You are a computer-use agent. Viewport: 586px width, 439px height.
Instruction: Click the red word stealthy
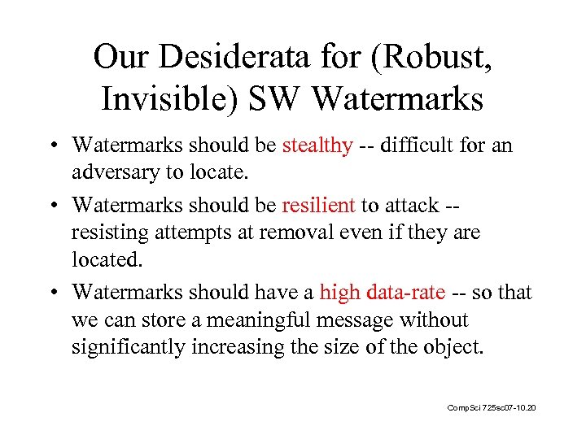tap(317, 146)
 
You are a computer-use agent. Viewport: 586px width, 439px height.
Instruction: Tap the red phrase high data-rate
tap(383, 292)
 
